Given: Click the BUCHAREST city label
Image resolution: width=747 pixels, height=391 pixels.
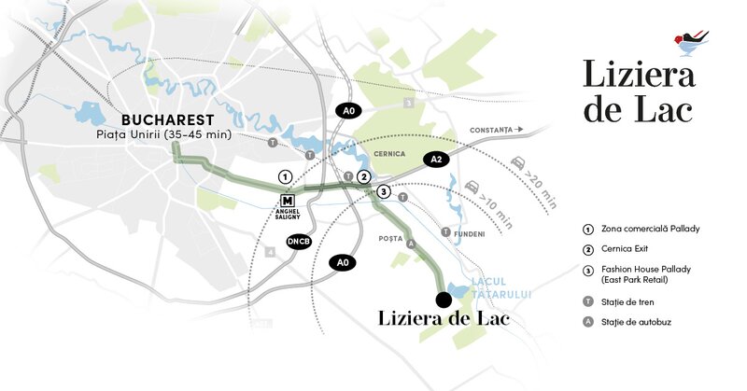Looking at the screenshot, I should [x=168, y=119].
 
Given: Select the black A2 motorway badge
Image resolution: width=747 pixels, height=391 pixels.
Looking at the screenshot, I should [x=435, y=160].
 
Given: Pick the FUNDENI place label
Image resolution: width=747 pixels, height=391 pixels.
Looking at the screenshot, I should [x=471, y=233].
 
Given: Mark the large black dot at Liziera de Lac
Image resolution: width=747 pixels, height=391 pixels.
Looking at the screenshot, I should [x=444, y=299].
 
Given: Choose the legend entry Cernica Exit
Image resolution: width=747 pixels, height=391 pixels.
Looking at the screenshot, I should [x=630, y=250].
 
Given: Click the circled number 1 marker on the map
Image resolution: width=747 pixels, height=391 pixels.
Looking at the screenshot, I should [x=285, y=176].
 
